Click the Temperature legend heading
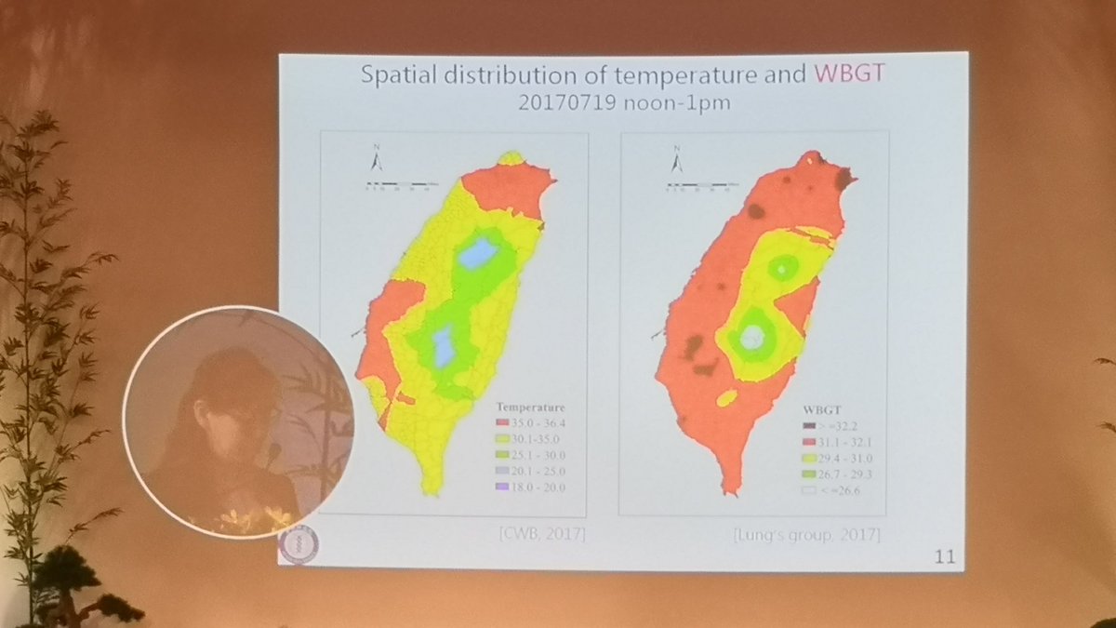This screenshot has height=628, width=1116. [x=530, y=407]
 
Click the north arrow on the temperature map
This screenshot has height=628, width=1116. [x=376, y=160]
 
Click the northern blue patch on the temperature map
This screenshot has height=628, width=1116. [x=476, y=253]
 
